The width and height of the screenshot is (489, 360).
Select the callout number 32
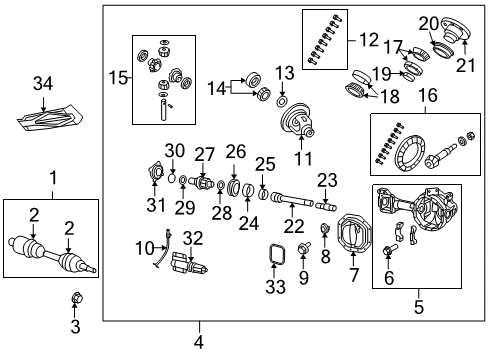click(194, 238)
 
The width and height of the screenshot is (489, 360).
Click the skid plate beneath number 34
click(47, 119)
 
